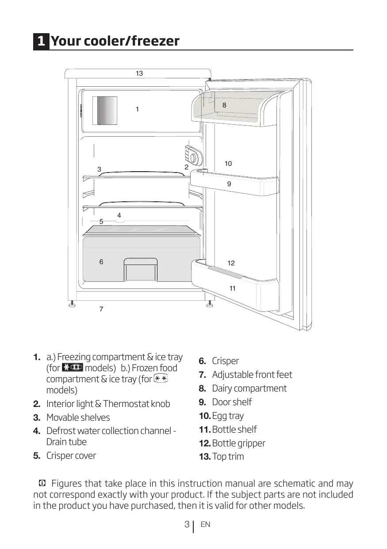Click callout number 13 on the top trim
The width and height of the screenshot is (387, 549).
(139, 73)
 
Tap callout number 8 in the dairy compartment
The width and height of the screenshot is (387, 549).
(224, 105)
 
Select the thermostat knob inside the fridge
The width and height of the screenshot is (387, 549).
(194, 156)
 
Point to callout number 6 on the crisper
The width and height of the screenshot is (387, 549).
(101, 262)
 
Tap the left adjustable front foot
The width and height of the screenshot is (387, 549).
(71, 304)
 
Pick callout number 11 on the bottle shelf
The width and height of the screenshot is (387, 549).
(232, 288)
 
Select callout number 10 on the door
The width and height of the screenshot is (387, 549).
(228, 164)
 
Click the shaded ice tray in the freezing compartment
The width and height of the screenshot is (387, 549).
(105, 111)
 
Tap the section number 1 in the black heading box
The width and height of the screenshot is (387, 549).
(41, 42)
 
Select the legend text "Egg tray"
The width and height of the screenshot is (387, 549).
(227, 416)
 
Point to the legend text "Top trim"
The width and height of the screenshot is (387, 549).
(228, 457)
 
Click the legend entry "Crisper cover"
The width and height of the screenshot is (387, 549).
(71, 456)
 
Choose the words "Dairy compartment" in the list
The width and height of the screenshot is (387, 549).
(249, 388)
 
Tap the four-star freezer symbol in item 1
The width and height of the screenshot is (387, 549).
(73, 369)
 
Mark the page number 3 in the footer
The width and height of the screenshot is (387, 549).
(187, 525)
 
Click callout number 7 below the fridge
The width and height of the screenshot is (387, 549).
(101, 309)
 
